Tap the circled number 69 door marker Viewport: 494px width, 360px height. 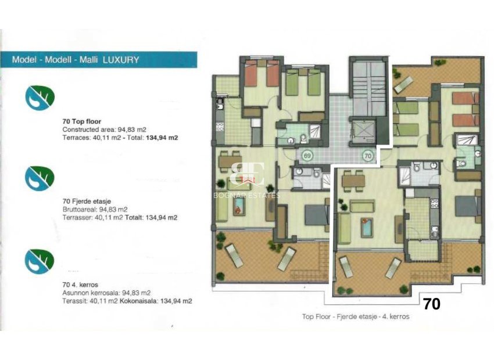tap(307, 156)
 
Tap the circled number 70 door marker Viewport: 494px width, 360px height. tap(367, 156)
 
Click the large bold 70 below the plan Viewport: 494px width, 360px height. tap(431, 304)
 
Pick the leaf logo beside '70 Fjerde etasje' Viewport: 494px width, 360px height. tap(40, 177)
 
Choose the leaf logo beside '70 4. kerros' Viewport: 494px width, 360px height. tap(40, 261)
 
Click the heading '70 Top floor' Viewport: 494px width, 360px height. tap(81, 122)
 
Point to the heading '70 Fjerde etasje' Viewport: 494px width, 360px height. tap(87, 201)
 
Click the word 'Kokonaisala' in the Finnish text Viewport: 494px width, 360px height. tap(136, 301)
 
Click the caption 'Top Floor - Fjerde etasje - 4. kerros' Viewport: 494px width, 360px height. tap(356, 317)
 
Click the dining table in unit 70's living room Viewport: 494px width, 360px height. tap(353, 181)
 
